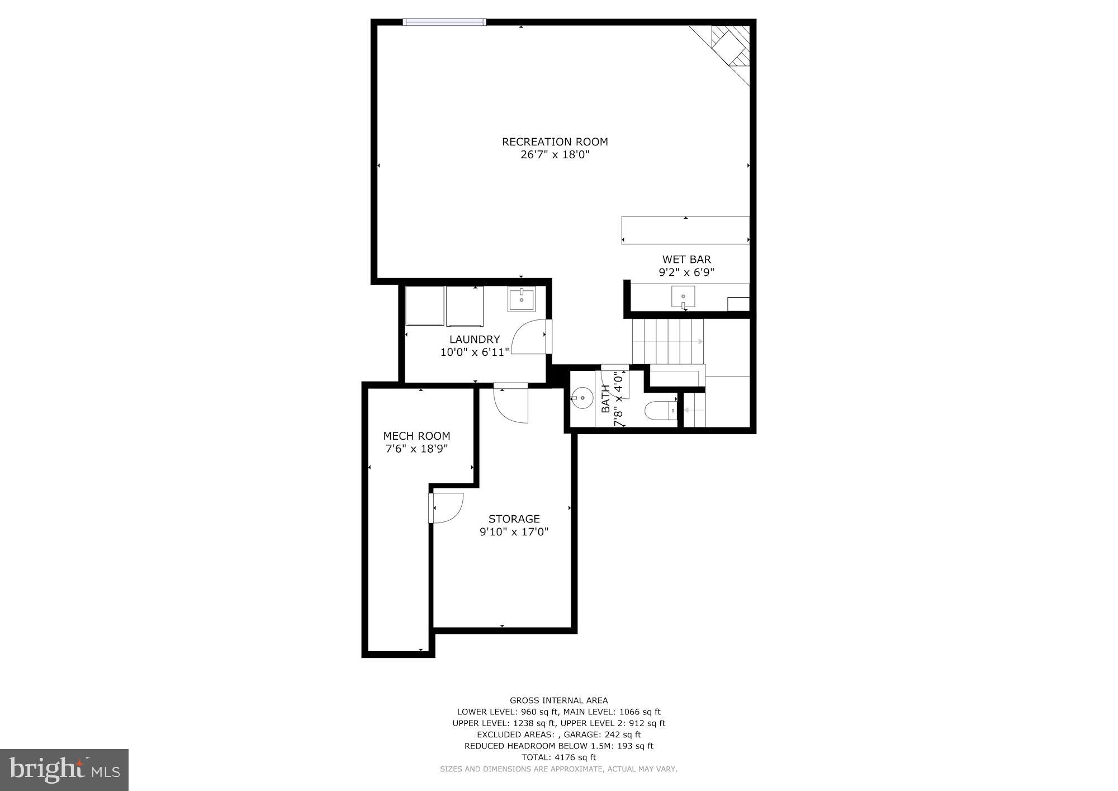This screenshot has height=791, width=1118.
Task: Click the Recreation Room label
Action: (555, 142)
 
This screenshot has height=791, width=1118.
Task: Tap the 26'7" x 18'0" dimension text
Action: (555, 155)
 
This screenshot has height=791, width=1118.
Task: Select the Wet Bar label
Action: (686, 260)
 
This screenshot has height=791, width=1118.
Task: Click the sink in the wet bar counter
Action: (683, 296)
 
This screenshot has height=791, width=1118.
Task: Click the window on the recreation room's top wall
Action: (444, 22)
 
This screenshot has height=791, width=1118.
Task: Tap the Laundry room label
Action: (475, 340)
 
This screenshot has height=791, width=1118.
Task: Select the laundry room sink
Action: (521, 299)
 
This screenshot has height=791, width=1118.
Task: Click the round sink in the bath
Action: (582, 398)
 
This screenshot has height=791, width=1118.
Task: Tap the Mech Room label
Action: (416, 436)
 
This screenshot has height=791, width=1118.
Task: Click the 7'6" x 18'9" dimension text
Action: (416, 449)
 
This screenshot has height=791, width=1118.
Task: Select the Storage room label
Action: (514, 519)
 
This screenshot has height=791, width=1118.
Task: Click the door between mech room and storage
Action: (446, 507)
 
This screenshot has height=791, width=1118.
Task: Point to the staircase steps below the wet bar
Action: (667, 341)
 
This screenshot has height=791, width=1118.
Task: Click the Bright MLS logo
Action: (64, 770)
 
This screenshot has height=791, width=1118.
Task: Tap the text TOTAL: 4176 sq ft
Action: (558, 757)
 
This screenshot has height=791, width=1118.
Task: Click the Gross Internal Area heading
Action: (558, 700)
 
